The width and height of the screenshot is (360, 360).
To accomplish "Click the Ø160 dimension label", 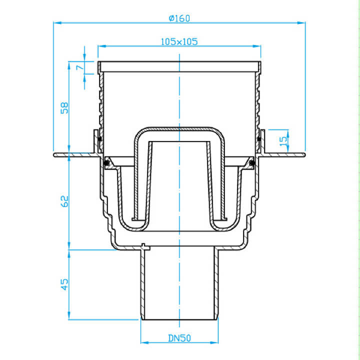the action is point(179,18).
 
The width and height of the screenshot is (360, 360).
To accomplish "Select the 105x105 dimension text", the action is point(179,42).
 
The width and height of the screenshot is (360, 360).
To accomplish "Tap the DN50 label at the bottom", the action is point(179,338).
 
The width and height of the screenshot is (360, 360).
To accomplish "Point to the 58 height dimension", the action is point(64,107).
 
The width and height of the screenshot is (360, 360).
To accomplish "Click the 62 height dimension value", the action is point(64,201).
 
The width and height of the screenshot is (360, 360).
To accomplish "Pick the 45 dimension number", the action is point(64,284).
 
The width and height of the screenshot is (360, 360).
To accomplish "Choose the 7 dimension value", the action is point(79,67).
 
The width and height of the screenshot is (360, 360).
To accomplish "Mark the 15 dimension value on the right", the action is point(284,141).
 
